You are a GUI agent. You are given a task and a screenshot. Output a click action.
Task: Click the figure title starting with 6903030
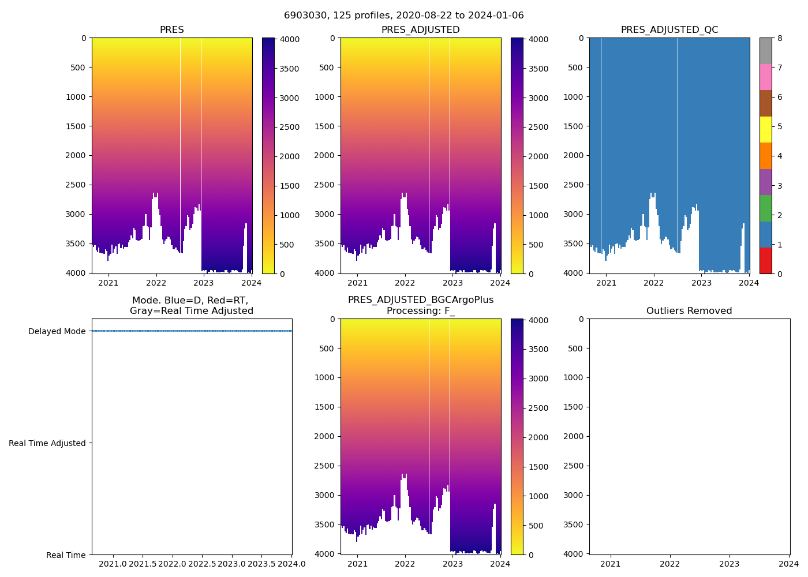[x=403, y=16]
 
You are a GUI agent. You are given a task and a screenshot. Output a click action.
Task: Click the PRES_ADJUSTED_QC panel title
[x=669, y=30]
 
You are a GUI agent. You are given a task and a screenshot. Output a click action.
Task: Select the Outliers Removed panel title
[x=689, y=311]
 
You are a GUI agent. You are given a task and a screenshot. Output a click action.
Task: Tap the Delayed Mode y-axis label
[x=57, y=331]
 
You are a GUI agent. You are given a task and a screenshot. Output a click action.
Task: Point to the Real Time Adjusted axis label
[x=47, y=443]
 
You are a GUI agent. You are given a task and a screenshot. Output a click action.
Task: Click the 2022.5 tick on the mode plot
[x=201, y=564]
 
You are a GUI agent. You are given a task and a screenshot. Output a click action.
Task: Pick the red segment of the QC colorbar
[x=765, y=260]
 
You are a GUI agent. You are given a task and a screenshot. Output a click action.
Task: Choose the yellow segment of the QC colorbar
[x=765, y=129]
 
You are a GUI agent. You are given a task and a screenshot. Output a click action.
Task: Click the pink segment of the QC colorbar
[x=765, y=77]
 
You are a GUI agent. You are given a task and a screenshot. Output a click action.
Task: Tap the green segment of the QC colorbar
[x=765, y=208]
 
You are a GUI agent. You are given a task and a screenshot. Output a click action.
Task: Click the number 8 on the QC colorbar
[x=780, y=39]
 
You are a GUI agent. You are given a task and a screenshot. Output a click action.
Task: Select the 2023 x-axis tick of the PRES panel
[x=204, y=283]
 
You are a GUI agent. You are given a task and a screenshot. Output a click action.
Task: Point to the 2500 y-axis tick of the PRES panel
[x=75, y=185]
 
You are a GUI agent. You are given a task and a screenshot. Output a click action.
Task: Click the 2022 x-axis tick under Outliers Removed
[x=669, y=564]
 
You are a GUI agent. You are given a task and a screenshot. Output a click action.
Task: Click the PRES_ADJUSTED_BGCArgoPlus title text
[x=420, y=300]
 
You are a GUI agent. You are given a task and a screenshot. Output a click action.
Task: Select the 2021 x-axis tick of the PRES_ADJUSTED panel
[x=357, y=283]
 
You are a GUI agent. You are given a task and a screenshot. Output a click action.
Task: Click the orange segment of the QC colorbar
[x=765, y=156]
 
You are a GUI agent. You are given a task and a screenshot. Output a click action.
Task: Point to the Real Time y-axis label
[x=66, y=555]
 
